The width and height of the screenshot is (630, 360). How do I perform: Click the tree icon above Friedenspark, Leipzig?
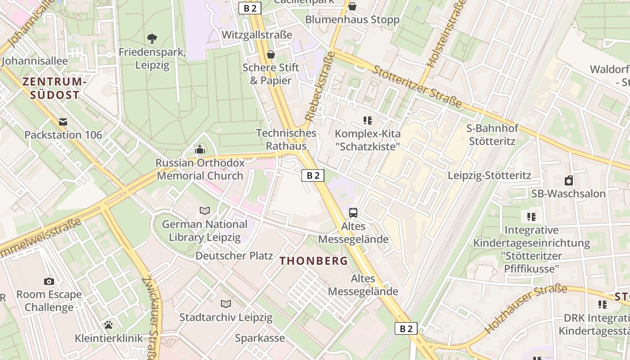pos(152,39)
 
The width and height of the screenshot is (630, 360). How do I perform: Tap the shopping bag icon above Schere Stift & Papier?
pos(271,54)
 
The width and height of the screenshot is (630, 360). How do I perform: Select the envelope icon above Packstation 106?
pos(63,121)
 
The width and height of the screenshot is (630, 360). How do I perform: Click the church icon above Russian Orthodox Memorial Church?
pos(200,149)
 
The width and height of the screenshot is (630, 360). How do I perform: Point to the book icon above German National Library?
pos(205,211)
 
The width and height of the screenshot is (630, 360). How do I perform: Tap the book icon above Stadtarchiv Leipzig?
pos(226,304)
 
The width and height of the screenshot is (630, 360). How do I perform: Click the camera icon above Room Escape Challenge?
pos(49,281)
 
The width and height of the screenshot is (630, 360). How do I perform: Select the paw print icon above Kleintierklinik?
pos(108,324)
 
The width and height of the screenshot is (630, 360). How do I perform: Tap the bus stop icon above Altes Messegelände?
pos(353,212)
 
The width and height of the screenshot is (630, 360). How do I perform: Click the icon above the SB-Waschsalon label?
pos(569,180)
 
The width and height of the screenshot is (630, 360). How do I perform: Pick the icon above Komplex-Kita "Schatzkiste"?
pos(368,120)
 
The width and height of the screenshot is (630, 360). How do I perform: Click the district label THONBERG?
pos(314,261)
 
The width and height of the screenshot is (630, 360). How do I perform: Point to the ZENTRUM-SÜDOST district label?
pos(54,88)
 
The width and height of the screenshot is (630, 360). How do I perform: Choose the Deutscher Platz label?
pos(234,256)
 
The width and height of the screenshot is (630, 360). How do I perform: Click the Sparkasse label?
pos(260,338)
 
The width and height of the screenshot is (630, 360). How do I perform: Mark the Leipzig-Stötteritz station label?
pos(490,175)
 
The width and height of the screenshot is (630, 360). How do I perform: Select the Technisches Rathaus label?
pos(286,139)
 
